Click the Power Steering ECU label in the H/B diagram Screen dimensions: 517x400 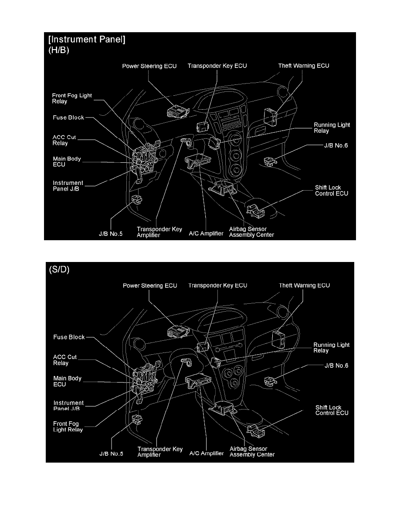tap(149, 66)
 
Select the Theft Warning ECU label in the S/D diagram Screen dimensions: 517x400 tap(304, 285)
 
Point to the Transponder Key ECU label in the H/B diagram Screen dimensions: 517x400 tap(217, 66)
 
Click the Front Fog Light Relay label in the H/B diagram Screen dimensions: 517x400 tap(72, 98)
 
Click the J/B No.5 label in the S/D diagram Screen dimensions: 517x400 tap(109, 453)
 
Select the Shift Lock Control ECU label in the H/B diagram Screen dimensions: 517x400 tap(332, 190)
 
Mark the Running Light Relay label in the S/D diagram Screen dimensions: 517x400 tap(332, 348)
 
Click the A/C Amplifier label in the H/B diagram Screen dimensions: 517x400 tap(206, 234)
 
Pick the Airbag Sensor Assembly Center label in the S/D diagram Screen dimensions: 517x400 tap(252, 452)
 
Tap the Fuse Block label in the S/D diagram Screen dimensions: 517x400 tap(68, 337)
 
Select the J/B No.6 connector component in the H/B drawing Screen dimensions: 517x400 tap(270, 162)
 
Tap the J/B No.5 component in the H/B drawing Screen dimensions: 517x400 tap(137, 200)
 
